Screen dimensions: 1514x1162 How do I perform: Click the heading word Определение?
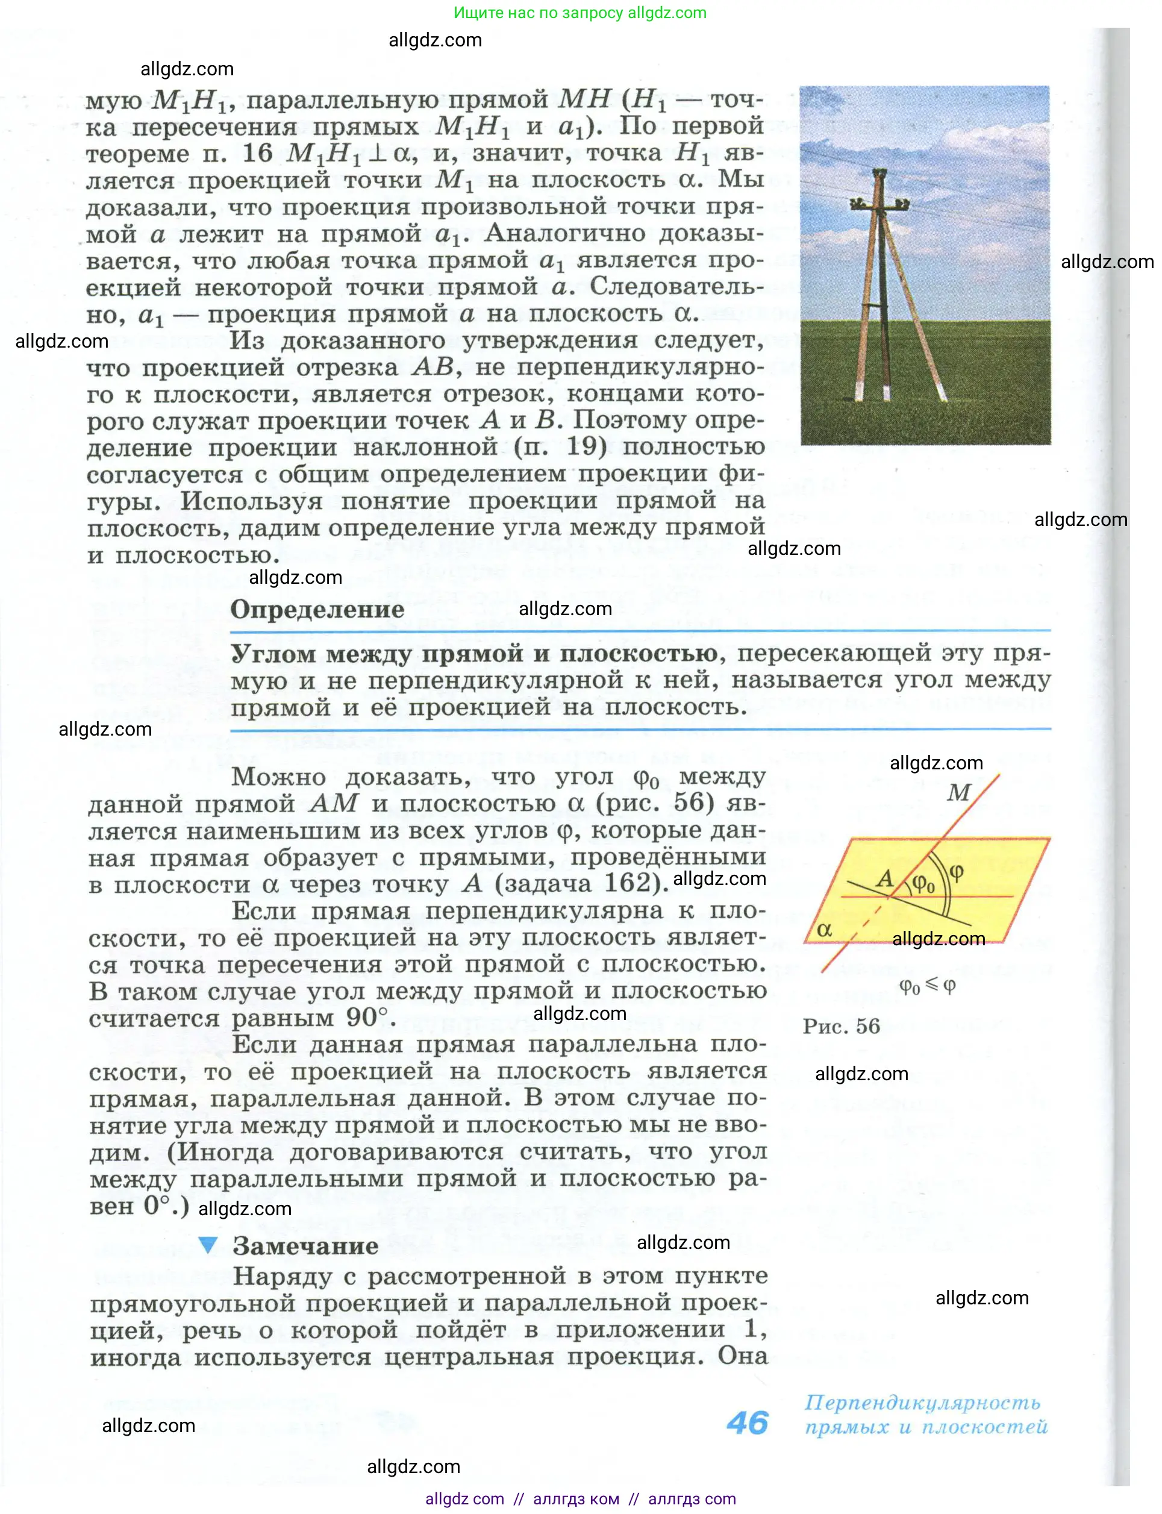click(x=317, y=609)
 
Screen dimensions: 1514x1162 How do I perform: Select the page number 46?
click(x=747, y=1424)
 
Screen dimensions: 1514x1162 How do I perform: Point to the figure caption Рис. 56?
click(x=841, y=1027)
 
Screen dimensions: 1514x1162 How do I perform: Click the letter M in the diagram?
click(x=958, y=793)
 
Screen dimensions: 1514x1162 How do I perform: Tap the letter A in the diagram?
click(x=885, y=878)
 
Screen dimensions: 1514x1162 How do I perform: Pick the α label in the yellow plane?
click(x=824, y=930)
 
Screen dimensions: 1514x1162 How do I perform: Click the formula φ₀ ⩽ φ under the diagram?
click(x=927, y=986)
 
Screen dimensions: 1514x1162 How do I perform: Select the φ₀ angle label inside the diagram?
click(x=923, y=883)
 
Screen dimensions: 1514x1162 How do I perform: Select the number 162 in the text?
click(x=627, y=883)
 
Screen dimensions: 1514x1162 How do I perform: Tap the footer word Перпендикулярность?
click(x=922, y=1403)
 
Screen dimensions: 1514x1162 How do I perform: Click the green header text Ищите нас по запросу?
click(x=540, y=13)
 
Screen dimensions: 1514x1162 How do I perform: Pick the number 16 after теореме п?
click(x=257, y=153)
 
